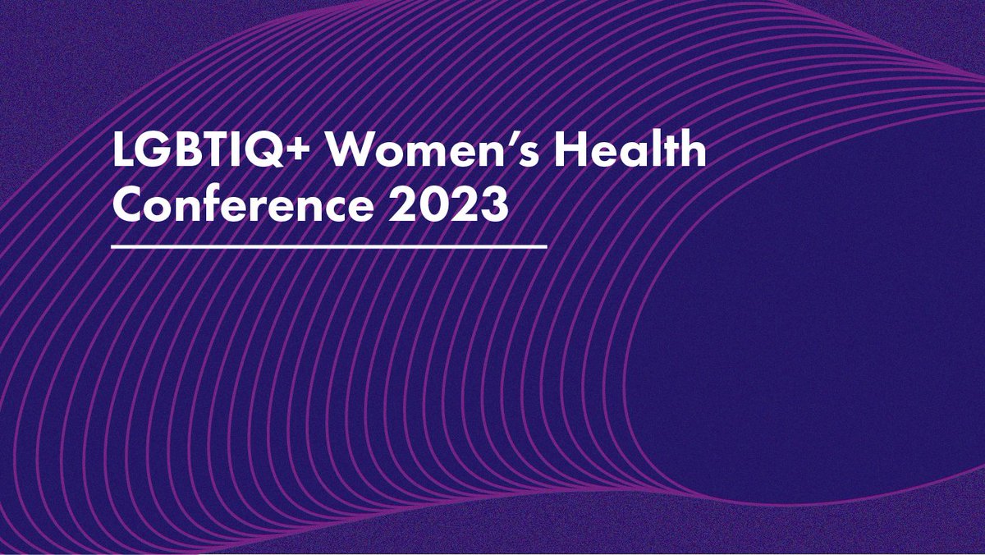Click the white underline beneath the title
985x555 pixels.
[x=328, y=245]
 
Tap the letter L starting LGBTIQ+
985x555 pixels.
[x=122, y=152]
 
